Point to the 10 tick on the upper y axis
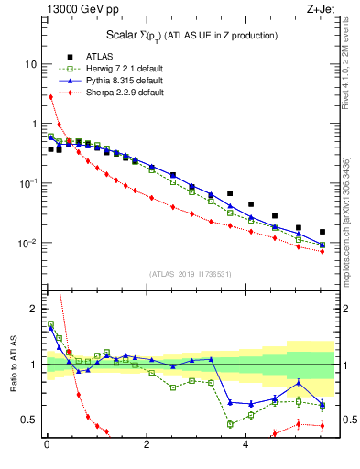click(x=31, y=65)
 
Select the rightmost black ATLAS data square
click(x=322, y=232)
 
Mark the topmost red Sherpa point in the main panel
click(x=50, y=96)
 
